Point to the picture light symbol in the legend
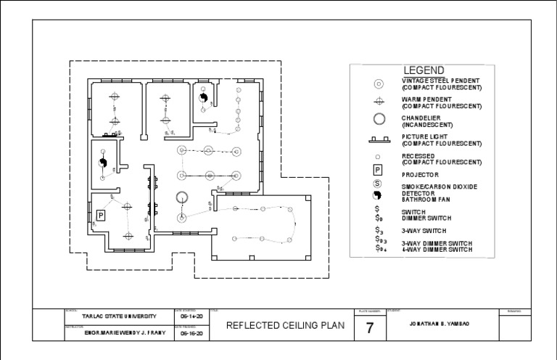tap(378, 139)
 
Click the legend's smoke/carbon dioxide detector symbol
tap(378, 184)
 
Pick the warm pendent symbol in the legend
tap(378, 102)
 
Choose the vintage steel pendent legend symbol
tap(378, 84)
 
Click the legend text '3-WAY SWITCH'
tap(424, 229)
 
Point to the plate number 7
tap(369, 328)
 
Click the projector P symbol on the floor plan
tap(101, 215)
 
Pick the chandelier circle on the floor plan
tap(181, 196)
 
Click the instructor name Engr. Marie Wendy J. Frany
tap(116, 334)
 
